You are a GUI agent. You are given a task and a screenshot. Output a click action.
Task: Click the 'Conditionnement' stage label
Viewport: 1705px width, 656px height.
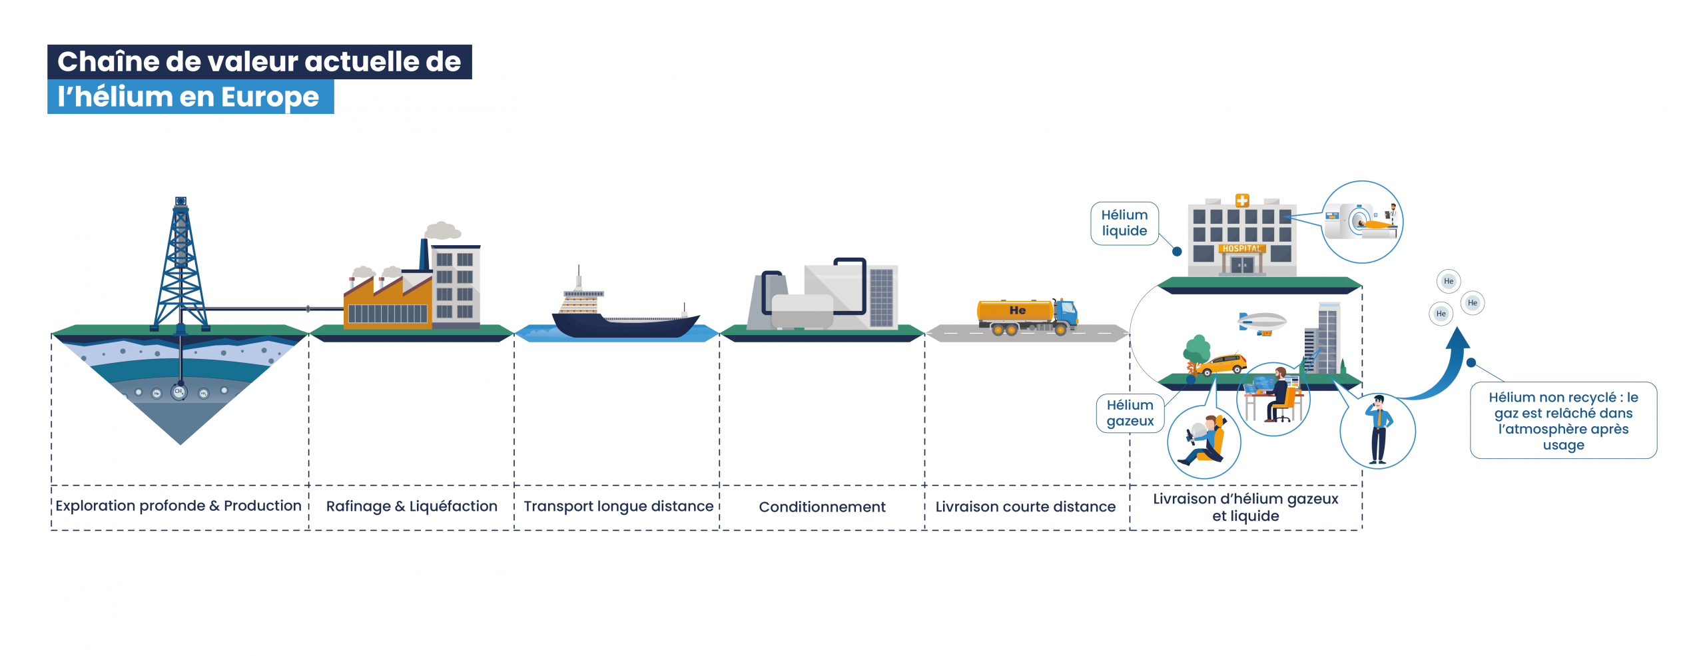[x=822, y=507]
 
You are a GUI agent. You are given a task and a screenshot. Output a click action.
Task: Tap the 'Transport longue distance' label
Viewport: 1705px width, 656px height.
[x=618, y=506]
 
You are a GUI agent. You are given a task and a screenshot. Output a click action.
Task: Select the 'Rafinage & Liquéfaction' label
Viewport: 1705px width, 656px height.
[x=412, y=506]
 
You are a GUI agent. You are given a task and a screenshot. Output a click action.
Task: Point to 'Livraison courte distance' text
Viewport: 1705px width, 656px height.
[x=1025, y=507]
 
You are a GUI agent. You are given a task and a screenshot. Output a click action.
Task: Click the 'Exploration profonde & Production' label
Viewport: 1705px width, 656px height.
[x=178, y=505]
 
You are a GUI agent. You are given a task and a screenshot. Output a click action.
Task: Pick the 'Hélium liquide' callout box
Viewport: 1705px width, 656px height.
[x=1124, y=223]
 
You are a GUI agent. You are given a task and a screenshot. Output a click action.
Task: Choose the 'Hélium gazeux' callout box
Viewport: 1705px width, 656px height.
[x=1130, y=413]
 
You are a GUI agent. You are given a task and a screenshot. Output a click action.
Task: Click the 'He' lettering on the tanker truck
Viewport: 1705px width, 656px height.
[x=1017, y=310]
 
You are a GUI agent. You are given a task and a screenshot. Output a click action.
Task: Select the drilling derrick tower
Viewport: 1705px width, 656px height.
[x=180, y=266]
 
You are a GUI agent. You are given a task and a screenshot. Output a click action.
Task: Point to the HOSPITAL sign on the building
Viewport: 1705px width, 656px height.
[x=1241, y=248]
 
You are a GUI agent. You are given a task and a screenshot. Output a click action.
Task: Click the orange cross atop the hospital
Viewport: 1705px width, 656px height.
[x=1242, y=200]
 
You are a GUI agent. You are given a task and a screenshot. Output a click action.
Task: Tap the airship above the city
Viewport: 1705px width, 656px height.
[x=1261, y=322]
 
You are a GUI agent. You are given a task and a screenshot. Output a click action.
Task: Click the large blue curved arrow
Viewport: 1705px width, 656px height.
[x=1445, y=373]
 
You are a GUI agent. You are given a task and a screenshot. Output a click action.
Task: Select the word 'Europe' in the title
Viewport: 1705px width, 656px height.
[x=270, y=97]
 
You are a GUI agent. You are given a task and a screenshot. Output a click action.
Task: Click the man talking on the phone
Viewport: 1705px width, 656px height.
[x=1377, y=430]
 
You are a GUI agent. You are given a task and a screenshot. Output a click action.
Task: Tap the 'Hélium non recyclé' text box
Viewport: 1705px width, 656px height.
[x=1563, y=420]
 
